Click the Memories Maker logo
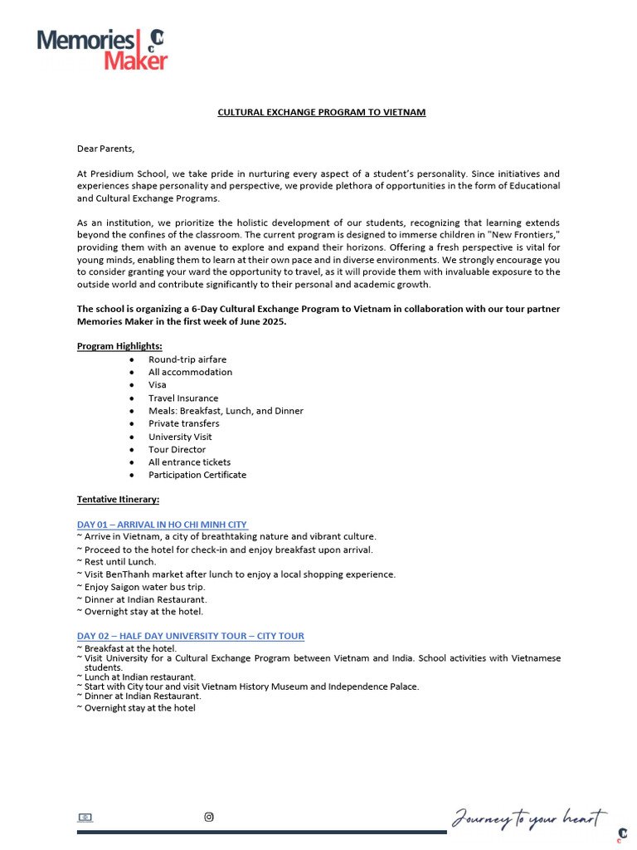point(101,49)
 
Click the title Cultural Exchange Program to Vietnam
point(321,112)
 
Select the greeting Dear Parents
point(105,149)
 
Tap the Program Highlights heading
point(119,346)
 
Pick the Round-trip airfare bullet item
point(187,359)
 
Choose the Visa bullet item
point(158,385)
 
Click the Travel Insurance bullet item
point(183,398)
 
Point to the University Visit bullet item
point(180,437)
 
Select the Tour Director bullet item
point(177,449)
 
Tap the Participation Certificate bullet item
point(197,475)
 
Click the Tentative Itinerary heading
point(118,499)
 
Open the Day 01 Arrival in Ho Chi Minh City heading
point(162,525)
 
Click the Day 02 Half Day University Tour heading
point(190,636)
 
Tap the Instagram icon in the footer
point(209,817)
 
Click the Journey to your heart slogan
point(528,818)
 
